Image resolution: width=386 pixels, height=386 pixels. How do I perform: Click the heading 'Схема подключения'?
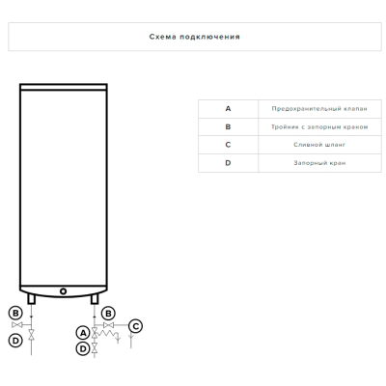tap(195, 37)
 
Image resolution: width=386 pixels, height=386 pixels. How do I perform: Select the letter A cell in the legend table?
tap(228, 109)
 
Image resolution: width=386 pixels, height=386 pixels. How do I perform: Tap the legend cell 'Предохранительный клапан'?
tap(319, 109)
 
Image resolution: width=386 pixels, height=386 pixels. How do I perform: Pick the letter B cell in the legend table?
tap(228, 126)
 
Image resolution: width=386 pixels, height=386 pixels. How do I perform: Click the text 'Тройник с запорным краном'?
tap(319, 126)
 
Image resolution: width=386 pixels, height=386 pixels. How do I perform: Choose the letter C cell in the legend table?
tap(228, 145)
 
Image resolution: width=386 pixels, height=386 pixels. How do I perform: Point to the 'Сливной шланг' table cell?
tap(319, 145)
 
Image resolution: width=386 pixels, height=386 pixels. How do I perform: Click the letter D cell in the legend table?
tap(228, 163)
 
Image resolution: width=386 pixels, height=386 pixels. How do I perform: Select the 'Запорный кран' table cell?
tap(319, 163)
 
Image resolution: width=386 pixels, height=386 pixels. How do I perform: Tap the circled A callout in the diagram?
tap(83, 333)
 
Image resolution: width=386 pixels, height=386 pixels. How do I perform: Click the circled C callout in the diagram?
tap(135, 326)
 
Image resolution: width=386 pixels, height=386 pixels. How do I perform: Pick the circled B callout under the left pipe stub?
tap(15, 313)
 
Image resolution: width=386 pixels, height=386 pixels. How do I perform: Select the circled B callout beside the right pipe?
tap(108, 313)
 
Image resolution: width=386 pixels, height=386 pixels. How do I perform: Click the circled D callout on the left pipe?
tap(15, 340)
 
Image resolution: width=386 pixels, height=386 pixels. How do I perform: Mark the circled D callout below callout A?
tap(83, 348)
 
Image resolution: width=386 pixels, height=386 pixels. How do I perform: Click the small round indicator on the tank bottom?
tap(64, 291)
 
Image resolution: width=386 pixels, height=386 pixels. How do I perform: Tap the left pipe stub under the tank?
tap(31, 299)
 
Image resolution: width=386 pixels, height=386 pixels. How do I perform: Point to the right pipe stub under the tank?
tap(95, 299)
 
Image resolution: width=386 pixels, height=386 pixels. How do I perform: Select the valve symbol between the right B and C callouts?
tap(109, 325)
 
